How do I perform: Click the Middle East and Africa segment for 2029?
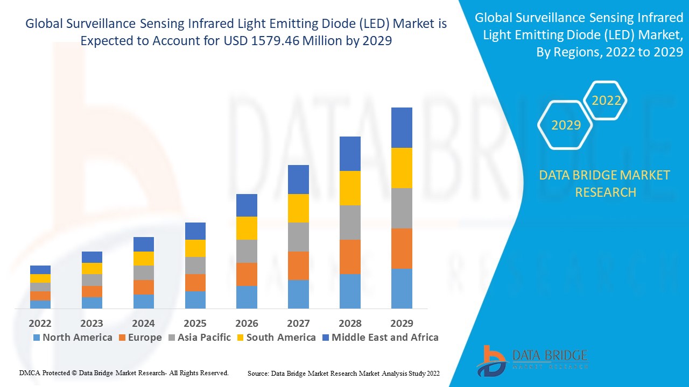tap(402, 127)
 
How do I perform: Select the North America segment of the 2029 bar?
tap(402, 288)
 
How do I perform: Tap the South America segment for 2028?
tap(350, 188)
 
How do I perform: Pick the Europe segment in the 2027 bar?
tap(298, 266)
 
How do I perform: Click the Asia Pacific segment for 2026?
tap(247, 251)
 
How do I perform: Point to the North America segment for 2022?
tap(40, 304)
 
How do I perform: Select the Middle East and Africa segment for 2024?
tap(144, 244)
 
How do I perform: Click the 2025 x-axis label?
tap(195, 324)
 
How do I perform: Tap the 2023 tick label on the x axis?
tap(92, 324)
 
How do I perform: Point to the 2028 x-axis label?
tap(350, 324)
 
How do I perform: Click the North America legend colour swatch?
tap(37, 338)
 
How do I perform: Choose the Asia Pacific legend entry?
tap(199, 338)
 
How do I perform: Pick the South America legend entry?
tap(276, 338)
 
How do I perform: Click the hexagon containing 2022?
tap(606, 101)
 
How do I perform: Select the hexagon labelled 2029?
tap(566, 125)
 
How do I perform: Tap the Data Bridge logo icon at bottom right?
tap(491, 361)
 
